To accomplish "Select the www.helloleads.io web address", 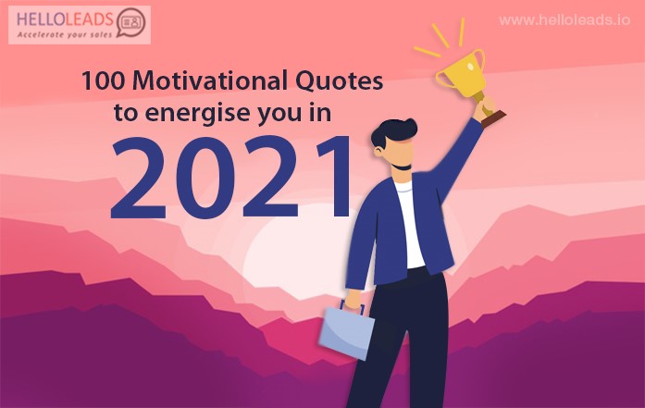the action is click(564, 20).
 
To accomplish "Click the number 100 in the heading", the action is click(103, 81).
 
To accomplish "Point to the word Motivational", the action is click(210, 80).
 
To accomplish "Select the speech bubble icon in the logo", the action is click(131, 22).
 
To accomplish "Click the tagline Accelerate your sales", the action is click(65, 35).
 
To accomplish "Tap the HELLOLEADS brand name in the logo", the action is click(66, 19).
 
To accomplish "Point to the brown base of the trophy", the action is click(493, 118).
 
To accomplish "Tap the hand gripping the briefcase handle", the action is click(353, 299).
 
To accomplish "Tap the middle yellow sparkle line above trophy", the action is click(440, 35).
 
